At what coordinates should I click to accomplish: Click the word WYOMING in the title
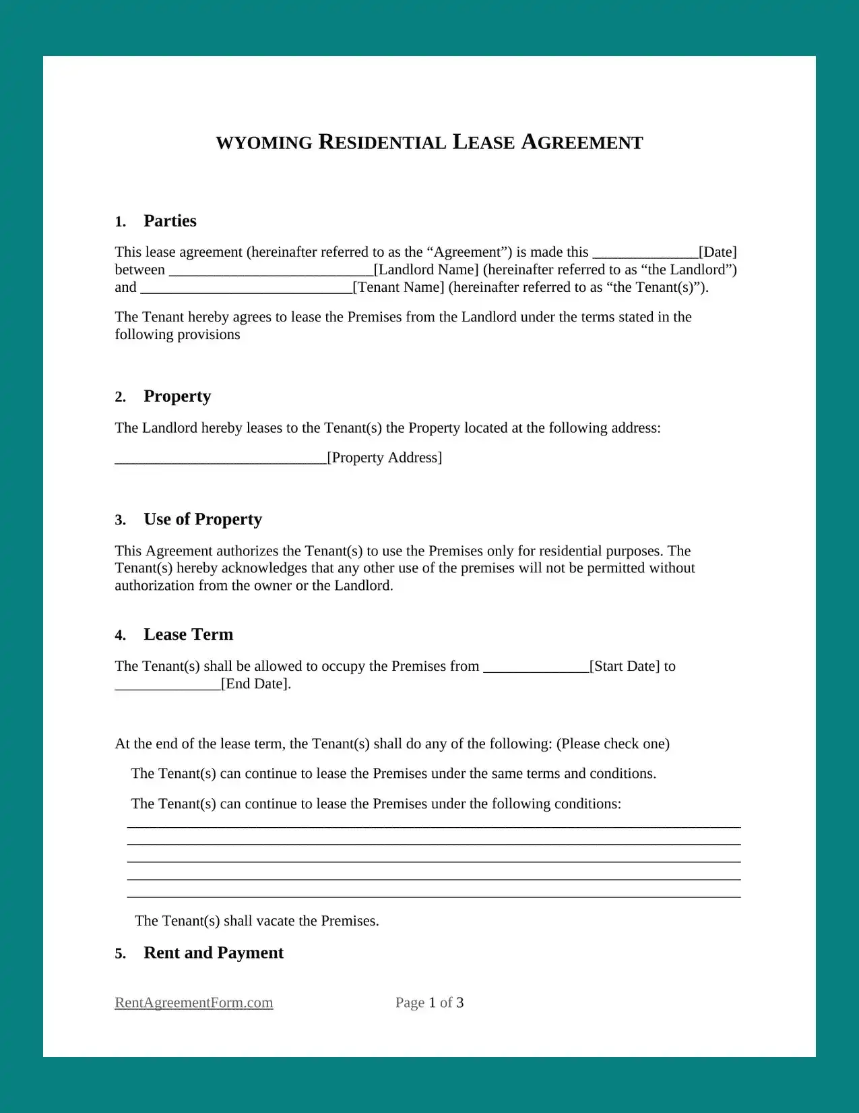click(264, 143)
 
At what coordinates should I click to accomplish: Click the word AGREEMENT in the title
click(582, 142)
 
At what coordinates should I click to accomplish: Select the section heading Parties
click(170, 221)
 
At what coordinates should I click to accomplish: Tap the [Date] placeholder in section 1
click(718, 252)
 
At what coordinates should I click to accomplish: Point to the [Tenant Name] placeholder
click(399, 287)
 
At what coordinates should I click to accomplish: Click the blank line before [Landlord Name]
click(271, 271)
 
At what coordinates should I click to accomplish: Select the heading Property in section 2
click(177, 396)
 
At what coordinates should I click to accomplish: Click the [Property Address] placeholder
click(385, 458)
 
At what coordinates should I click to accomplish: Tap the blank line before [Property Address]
click(220, 459)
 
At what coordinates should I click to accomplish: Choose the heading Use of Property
click(203, 520)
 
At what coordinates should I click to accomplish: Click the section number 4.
click(120, 636)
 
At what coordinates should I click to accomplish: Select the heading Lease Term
click(189, 635)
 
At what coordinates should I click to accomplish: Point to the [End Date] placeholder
click(256, 684)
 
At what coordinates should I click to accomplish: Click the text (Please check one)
click(612, 744)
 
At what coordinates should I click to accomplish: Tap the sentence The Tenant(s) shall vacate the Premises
click(257, 921)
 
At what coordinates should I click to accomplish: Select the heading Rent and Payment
click(214, 953)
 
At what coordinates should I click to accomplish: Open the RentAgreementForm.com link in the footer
click(194, 1003)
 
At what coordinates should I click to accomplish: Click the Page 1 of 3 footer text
click(429, 1003)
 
